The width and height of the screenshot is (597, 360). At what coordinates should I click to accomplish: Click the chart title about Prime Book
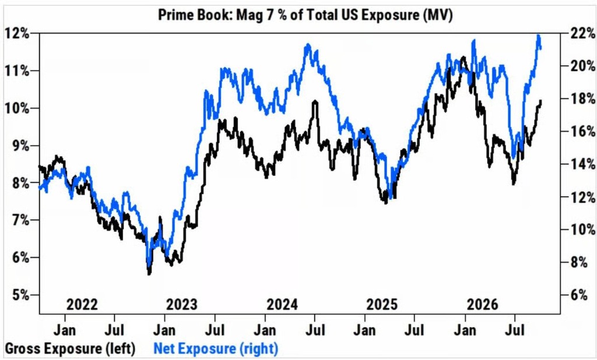click(305, 15)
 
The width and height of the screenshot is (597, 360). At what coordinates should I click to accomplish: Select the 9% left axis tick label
click(19, 146)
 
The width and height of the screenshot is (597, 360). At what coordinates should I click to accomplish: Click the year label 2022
click(82, 305)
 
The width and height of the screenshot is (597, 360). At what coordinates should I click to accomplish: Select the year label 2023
click(182, 305)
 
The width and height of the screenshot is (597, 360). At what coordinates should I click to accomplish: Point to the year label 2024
click(282, 305)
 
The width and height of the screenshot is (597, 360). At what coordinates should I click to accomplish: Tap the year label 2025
click(382, 305)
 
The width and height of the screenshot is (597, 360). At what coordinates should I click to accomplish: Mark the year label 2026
click(482, 305)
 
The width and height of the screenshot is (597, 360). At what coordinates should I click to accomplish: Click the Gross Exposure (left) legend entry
click(70, 348)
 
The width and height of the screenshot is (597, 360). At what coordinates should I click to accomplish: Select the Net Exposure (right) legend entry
click(216, 348)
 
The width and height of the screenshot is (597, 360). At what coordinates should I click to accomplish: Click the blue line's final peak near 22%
click(538, 36)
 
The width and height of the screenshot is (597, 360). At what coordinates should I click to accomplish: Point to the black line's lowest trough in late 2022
click(149, 273)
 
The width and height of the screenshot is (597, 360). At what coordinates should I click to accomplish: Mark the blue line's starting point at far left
click(40, 187)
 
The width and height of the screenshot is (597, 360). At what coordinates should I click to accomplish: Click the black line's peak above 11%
click(462, 58)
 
